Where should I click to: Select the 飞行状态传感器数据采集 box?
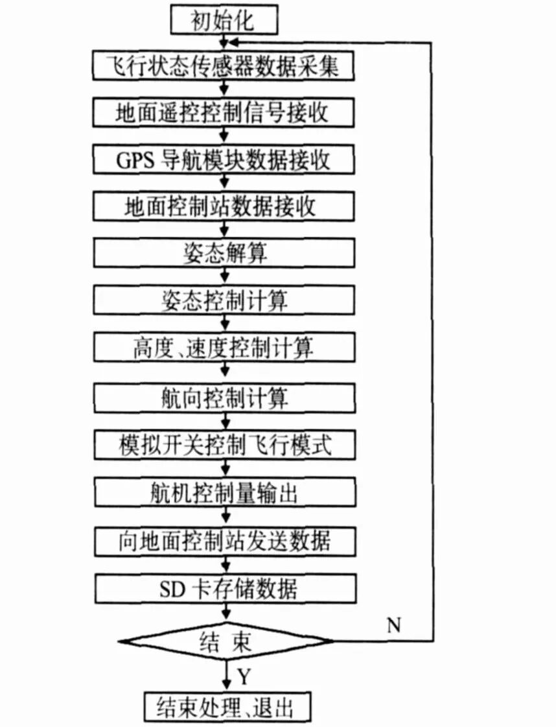tap(224, 66)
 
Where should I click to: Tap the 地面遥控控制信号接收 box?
tap(224, 112)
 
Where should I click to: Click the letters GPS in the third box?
tap(134, 159)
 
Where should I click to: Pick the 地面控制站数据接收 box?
tap(224, 207)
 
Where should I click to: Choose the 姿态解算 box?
tap(224, 254)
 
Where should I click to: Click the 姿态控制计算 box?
tap(224, 301)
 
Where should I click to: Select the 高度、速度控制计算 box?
tap(224, 348)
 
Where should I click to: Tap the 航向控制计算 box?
tap(224, 396)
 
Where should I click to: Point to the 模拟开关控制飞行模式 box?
tap(224, 445)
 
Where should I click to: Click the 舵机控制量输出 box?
tap(224, 494)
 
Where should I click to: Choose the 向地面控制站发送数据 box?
tap(224, 540)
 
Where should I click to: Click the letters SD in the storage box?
tap(172, 589)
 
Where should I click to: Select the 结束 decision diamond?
tap(224, 641)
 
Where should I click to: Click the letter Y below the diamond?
tap(243, 677)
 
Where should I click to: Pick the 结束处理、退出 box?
tap(224, 706)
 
